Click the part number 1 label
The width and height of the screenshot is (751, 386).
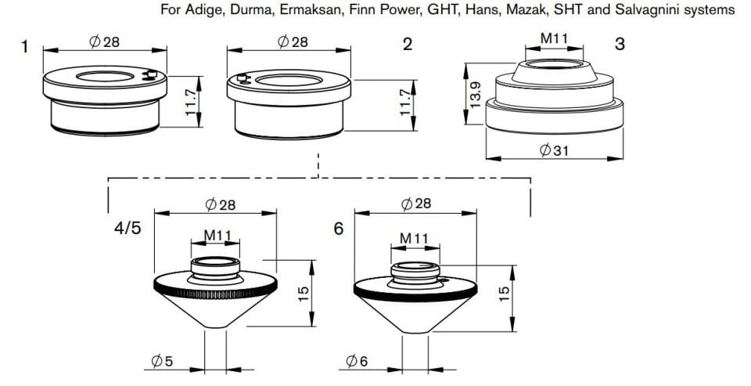click(x=24, y=47)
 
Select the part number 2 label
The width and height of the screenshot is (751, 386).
click(x=408, y=45)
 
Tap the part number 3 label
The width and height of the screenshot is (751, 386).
click(x=620, y=45)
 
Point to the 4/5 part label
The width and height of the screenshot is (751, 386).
click(x=128, y=229)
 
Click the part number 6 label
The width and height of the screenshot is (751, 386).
click(x=339, y=229)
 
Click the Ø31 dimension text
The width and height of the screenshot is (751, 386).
click(x=554, y=150)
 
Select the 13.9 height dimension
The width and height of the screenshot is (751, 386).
click(x=476, y=95)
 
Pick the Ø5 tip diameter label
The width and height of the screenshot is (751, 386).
click(x=162, y=361)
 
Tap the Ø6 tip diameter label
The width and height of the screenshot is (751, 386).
click(x=357, y=361)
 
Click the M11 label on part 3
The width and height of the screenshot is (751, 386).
click(x=554, y=38)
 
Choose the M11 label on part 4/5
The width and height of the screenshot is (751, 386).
click(x=217, y=236)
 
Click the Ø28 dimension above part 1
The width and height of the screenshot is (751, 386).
click(x=104, y=42)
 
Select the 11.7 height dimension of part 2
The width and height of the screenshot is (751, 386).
click(x=406, y=102)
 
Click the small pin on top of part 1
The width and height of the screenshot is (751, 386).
click(x=152, y=74)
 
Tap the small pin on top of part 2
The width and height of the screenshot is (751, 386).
click(x=243, y=78)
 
